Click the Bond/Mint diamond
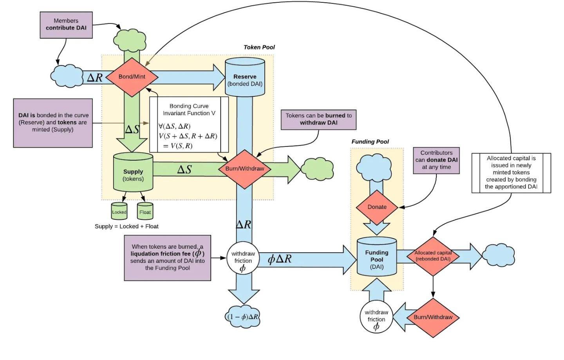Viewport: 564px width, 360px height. click(x=132, y=77)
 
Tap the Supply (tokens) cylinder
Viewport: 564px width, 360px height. click(x=133, y=173)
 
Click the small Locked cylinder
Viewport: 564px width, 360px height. click(x=119, y=212)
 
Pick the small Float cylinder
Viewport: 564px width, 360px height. click(x=145, y=212)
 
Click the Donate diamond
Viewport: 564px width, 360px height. click(x=377, y=207)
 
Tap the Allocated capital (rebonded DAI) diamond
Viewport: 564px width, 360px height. click(x=433, y=256)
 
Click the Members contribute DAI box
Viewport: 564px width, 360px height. click(x=66, y=25)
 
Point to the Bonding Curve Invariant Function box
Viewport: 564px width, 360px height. click(x=189, y=125)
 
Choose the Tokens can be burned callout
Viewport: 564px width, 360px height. click(x=318, y=119)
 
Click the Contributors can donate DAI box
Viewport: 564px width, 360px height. click(x=436, y=160)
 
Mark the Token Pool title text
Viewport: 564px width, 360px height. click(x=259, y=47)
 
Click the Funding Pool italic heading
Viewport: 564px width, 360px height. click(x=370, y=142)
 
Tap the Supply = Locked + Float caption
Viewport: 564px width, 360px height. click(x=127, y=226)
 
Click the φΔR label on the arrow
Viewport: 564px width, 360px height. click(x=280, y=259)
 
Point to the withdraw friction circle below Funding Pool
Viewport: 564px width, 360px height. click(x=376, y=317)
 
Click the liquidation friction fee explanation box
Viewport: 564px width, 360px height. click(x=168, y=258)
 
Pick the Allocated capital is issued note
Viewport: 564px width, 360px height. click(x=511, y=173)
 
